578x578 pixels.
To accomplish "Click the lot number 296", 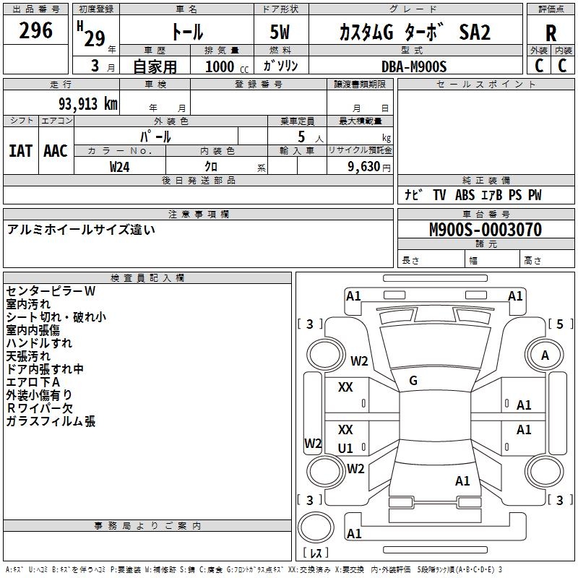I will pos(36,30).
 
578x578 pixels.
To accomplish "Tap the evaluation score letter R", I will pos(551,33).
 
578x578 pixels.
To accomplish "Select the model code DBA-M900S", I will pos(414,66).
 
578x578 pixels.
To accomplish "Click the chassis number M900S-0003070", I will pos(485,230).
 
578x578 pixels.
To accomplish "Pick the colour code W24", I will pos(120,166).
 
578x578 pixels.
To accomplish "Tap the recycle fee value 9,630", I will pos(365,166).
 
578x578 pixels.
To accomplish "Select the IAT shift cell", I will pos(20,151).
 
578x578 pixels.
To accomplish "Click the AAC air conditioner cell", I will pos(56,151).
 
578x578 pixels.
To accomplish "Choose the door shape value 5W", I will pos(280,33).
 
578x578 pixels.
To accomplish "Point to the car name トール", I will pos(187,33).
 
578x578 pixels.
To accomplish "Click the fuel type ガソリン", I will pos(280,66).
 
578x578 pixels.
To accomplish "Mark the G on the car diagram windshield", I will pos(413,381).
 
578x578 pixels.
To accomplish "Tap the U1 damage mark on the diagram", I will pos(345,448).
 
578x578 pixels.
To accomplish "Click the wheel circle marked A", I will pos(545,355).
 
